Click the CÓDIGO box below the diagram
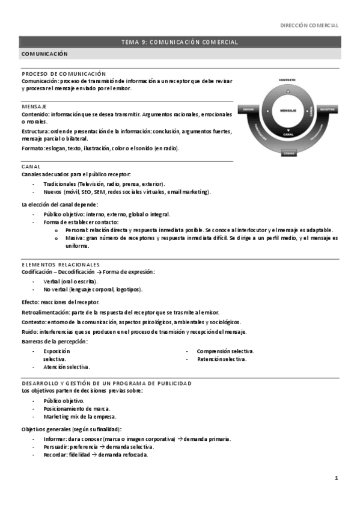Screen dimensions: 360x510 [289, 153]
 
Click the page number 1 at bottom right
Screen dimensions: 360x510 [337, 478]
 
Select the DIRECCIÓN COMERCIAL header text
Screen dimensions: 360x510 [310, 25]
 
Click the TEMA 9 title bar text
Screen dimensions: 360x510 [180, 42]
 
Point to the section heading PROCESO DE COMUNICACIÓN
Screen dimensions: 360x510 [64, 73]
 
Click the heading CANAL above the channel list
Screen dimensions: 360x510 [31, 166]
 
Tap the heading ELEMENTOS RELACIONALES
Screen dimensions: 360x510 [61, 264]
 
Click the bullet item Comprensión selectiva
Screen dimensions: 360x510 [225, 351]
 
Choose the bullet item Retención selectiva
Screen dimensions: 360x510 [221, 359]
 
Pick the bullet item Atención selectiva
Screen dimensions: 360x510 [67, 366]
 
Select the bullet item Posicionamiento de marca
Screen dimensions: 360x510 [76, 408]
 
